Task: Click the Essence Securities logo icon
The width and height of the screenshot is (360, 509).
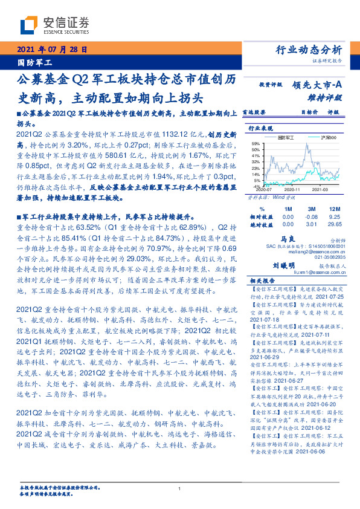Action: tap(30, 25)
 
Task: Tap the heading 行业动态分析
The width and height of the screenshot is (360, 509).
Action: tap(309, 50)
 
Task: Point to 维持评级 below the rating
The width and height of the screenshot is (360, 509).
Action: tap(329, 97)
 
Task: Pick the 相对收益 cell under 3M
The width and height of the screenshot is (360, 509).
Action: tap(312, 216)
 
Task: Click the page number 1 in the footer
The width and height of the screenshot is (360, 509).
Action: tap(180, 488)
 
